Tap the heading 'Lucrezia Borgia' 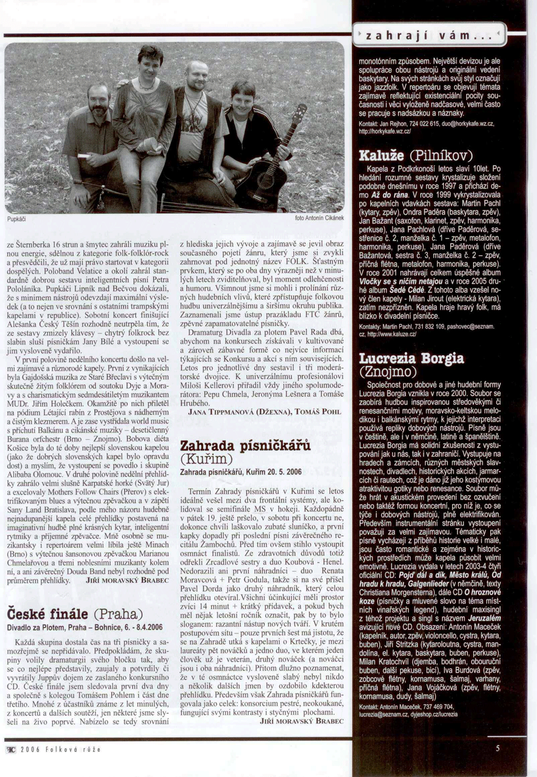pyautogui.click(x=411, y=358)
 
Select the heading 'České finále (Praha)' pyautogui.click(x=75, y=614)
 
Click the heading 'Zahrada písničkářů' pyautogui.click(x=245, y=445)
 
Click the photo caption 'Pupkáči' pyautogui.click(x=17, y=220)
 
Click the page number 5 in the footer pyautogui.click(x=498, y=748)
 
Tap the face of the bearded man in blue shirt pyautogui.click(x=98, y=102)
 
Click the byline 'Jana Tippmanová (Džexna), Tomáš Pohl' pyautogui.click(x=265, y=411)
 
